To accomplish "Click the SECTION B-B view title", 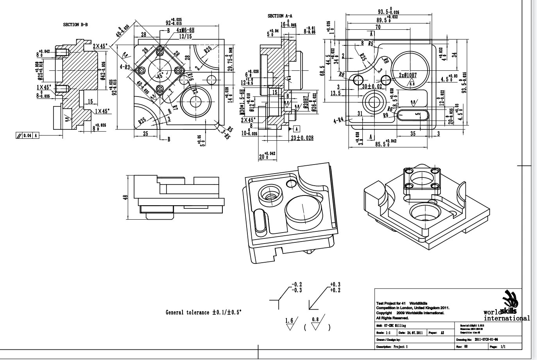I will coord(75,25).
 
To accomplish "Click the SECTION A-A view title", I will coord(280,16).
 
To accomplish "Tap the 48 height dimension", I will coord(125,198).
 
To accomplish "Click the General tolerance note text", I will coord(204,312).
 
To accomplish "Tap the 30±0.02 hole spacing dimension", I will coord(372,86).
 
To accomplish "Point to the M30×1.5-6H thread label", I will coord(242,103).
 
